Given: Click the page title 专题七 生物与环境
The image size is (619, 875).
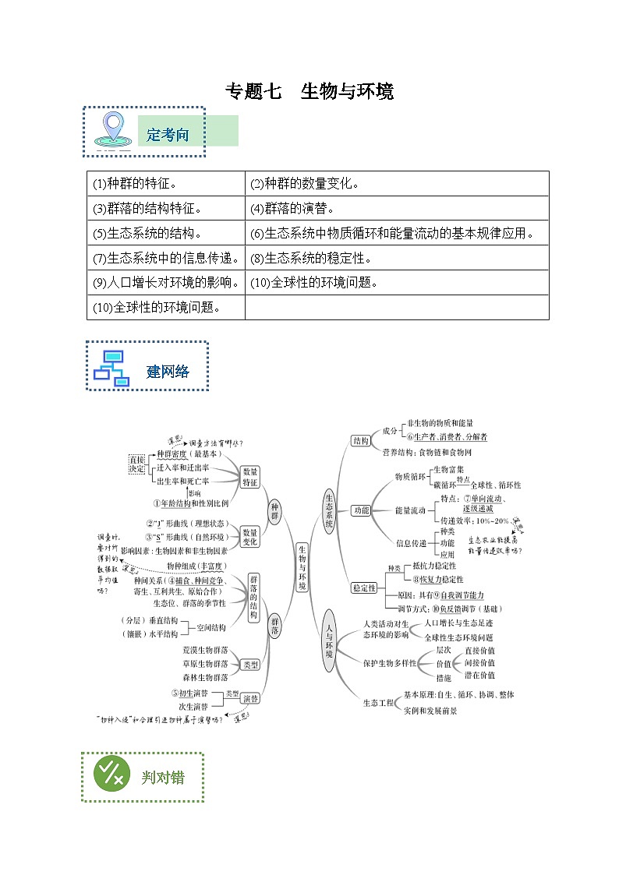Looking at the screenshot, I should (309, 92).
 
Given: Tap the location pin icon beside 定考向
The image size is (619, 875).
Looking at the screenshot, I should (114, 129).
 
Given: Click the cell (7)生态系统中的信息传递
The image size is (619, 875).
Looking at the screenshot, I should (165, 258).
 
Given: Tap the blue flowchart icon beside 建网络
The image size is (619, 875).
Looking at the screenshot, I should (111, 368).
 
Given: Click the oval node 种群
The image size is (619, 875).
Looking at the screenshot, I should (274, 511).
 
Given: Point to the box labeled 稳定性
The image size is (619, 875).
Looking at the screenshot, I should (364, 587).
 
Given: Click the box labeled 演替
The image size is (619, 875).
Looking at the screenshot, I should (250, 698).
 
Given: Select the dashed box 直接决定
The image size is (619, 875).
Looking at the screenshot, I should (138, 464).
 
